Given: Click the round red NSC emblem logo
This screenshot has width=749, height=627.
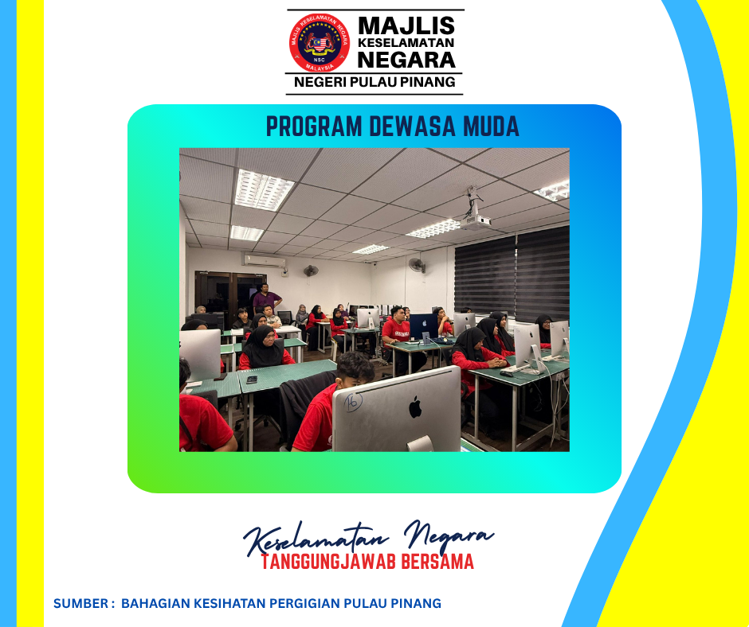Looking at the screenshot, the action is [x=319, y=43].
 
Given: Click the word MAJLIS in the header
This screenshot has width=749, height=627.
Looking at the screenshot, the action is [x=406, y=25].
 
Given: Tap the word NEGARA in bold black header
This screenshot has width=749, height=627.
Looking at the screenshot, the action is [x=406, y=60].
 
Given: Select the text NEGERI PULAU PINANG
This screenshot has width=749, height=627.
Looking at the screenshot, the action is [x=374, y=82].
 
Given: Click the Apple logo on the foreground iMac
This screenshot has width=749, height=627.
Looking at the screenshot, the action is [x=415, y=407].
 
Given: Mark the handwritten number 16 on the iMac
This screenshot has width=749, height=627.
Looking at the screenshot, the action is [x=353, y=402].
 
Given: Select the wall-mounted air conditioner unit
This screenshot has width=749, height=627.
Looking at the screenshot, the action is [x=265, y=261].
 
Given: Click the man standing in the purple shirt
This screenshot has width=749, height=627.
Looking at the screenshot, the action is [x=266, y=299].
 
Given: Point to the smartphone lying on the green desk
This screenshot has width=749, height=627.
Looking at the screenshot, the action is [x=251, y=380].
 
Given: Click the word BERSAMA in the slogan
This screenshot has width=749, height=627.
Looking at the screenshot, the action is [x=437, y=562].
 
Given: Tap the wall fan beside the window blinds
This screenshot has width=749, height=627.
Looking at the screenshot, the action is [x=417, y=265].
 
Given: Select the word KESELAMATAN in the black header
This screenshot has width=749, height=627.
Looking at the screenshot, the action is [x=406, y=42].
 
